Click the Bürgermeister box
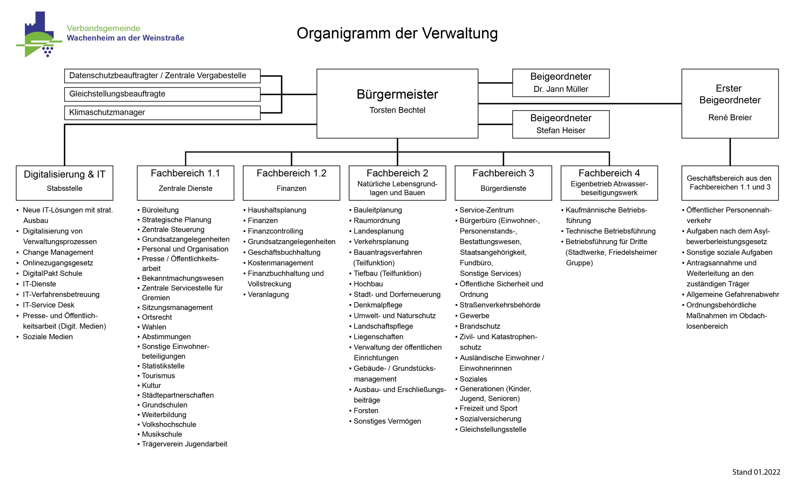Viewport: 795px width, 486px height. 397,103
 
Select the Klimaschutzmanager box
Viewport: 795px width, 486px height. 162,112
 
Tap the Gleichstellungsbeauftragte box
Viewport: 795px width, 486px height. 162,94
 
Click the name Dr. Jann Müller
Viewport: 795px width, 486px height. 561,89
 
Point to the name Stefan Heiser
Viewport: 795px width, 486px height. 561,130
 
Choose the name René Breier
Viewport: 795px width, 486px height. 730,118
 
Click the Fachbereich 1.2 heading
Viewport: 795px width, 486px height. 291,173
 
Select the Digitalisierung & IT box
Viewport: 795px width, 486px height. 64,183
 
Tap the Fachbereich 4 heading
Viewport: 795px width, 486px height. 609,173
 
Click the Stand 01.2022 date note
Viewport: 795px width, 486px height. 756,472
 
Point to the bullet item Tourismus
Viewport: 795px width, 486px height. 158,376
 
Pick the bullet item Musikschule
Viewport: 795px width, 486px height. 162,434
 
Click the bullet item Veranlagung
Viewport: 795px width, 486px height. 268,294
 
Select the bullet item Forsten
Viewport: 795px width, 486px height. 366,411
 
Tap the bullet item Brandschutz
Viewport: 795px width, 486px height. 480,326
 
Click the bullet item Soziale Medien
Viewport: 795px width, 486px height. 47,336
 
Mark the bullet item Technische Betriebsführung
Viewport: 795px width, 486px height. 610,231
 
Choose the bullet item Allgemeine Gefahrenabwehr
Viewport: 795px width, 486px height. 732,294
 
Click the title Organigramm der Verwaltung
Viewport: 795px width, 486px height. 397,33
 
